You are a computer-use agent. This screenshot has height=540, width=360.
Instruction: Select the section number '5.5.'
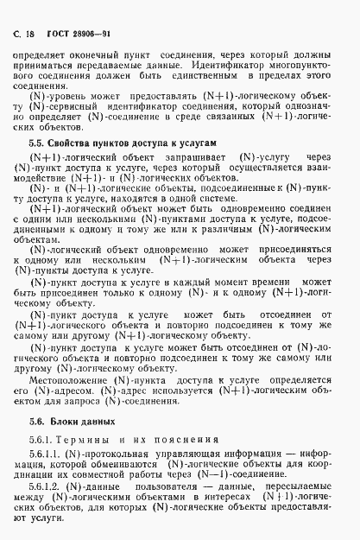pos(39,141)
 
